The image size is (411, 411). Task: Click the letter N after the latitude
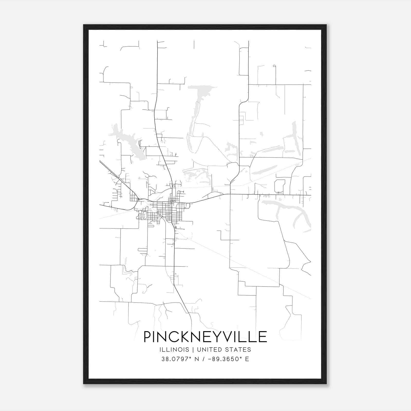click(x=197, y=359)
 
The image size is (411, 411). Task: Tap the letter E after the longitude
click(x=247, y=359)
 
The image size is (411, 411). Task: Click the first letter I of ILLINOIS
click(x=160, y=350)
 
